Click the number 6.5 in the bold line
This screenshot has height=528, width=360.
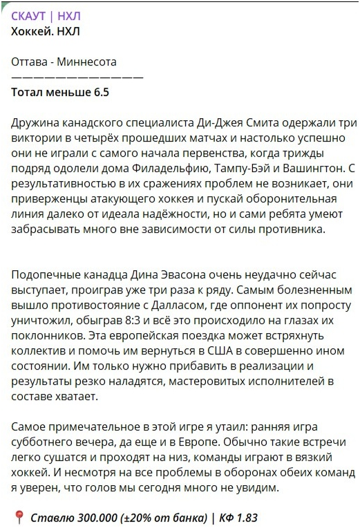point(100,91)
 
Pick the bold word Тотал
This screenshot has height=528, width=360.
point(28,91)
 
